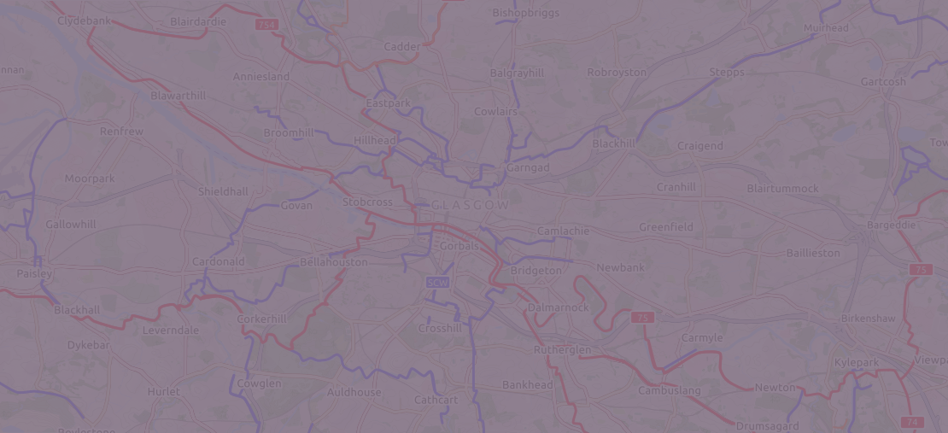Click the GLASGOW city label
[x=470, y=206]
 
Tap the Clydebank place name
[x=85, y=20]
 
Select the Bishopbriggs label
[x=524, y=13]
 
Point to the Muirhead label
[x=826, y=28]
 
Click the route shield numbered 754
[x=266, y=26]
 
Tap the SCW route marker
[x=437, y=282]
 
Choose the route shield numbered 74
[x=911, y=422]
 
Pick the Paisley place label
[x=34, y=274]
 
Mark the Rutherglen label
[x=562, y=350]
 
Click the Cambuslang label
[x=670, y=391]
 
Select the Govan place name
[x=296, y=206]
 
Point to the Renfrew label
[x=121, y=132]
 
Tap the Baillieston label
[x=813, y=254]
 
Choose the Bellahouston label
[x=334, y=262]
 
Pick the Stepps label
[x=727, y=73]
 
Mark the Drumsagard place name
[x=767, y=426]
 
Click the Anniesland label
[x=261, y=77]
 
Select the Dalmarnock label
[x=558, y=307]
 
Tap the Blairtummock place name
[x=782, y=188]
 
